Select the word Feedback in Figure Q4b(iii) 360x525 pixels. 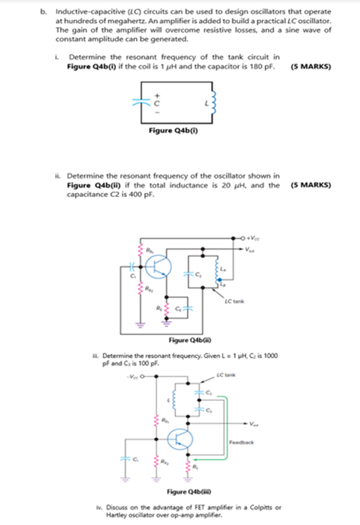241,442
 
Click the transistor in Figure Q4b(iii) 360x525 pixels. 179,439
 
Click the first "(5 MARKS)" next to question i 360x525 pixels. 310,67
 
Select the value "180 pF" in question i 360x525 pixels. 261,67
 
